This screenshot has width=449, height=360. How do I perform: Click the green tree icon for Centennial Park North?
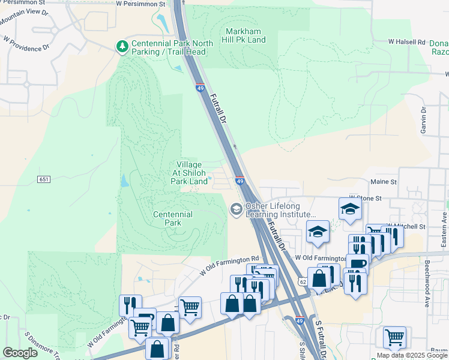[x=122, y=46]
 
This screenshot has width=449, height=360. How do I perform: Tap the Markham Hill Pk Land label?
[x=245, y=35]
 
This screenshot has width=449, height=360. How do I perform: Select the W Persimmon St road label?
[x=140, y=4]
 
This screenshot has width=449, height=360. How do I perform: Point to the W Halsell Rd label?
[x=406, y=42]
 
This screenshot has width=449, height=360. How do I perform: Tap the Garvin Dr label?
[x=423, y=119]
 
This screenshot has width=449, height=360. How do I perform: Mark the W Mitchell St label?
[x=408, y=226]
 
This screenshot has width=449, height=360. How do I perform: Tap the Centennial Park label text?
[x=172, y=218]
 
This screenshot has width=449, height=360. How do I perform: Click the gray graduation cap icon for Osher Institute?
[x=237, y=209]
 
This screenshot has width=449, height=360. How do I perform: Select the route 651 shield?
[x=43, y=179]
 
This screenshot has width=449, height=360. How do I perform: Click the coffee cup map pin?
[x=358, y=264]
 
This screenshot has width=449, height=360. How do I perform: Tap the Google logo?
[x=20, y=353]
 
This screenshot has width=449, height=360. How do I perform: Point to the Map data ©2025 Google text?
[x=412, y=355]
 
